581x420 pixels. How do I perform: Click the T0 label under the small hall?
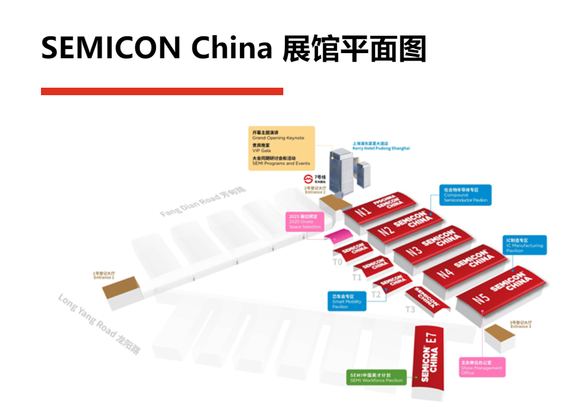338,261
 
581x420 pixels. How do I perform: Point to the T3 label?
410,310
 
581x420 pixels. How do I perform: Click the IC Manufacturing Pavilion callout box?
524,245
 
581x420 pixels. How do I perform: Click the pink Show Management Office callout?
482,368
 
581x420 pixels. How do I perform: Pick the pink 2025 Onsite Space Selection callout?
304,222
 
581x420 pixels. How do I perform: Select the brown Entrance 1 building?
122,288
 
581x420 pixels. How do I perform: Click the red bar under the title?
162,91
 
